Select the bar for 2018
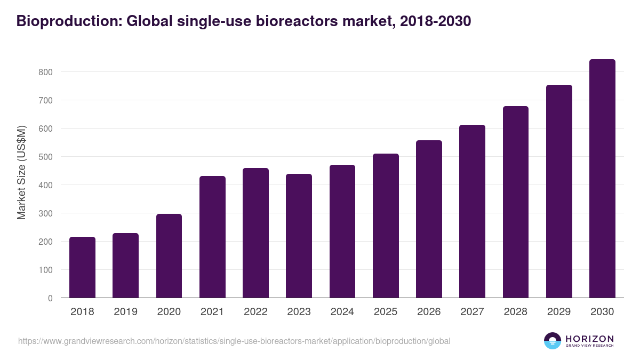tap(82, 267)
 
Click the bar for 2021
tap(212, 237)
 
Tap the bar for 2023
tap(299, 236)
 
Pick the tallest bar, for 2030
tap(602, 179)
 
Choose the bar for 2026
tap(429, 219)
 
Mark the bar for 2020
tap(169, 256)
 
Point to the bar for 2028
tap(515, 202)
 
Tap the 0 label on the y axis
tap(50, 298)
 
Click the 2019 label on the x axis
tap(125, 312)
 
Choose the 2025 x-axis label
tap(386, 312)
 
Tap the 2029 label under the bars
tap(559, 312)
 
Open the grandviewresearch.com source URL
tap(234, 341)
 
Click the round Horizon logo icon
tap(553, 341)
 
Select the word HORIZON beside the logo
tap(589, 338)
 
